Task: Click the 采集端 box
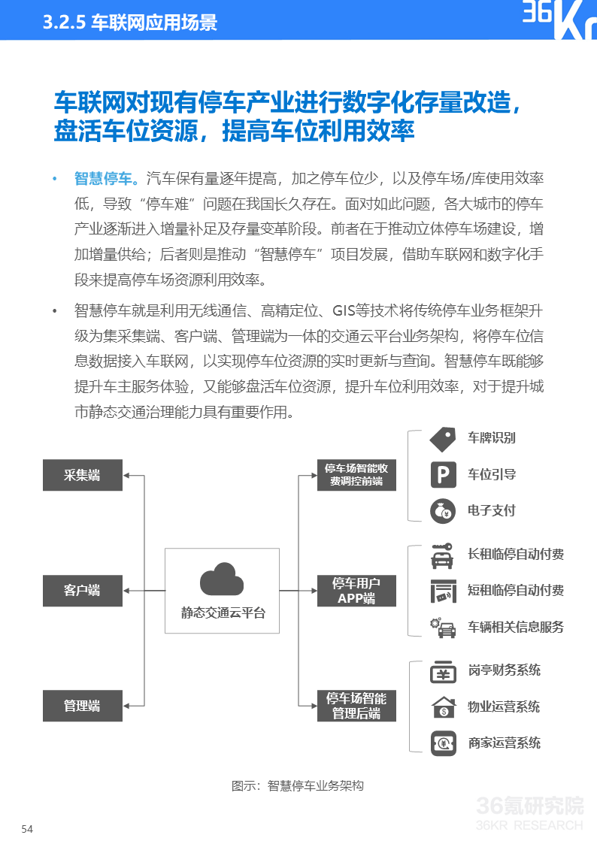point(82,475)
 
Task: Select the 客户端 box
point(82,590)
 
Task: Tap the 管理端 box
point(82,706)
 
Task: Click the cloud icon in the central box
point(222,579)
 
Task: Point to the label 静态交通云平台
point(223,613)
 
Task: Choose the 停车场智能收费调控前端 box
point(356,475)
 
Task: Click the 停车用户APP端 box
point(356,591)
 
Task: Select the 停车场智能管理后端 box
point(356,706)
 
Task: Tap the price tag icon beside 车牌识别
point(443,439)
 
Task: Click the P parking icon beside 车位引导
point(443,475)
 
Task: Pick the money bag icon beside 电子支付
point(443,511)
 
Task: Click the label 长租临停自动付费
point(516,555)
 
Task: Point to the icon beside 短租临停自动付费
point(443,591)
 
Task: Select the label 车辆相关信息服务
point(516,627)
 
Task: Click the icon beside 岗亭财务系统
point(443,671)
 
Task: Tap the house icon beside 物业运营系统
point(443,707)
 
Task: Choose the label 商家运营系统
point(505,743)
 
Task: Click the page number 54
point(27,829)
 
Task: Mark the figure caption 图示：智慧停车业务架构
point(298,786)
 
